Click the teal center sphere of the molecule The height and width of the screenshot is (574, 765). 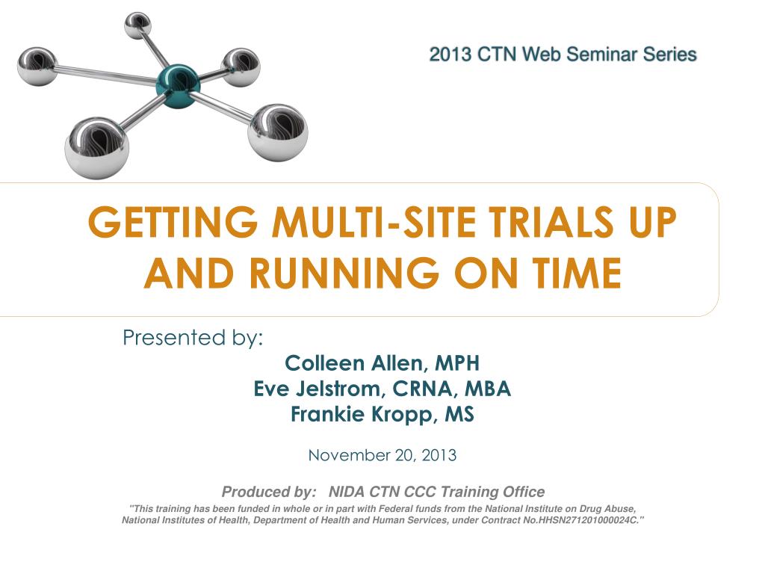[178, 86]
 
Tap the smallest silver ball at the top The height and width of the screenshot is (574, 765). [137, 26]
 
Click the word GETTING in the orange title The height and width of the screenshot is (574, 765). [173, 222]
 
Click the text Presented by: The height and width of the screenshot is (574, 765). [193, 338]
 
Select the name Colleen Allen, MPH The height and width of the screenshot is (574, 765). [382, 363]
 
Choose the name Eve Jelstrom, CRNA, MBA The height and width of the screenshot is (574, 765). [382, 389]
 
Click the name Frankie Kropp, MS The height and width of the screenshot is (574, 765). [382, 414]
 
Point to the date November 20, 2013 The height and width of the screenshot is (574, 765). [382, 455]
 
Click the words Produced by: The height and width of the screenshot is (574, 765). [269, 492]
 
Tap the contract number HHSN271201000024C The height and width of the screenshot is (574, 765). [588, 520]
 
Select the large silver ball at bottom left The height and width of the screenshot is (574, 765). [97, 147]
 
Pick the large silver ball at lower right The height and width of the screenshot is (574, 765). [278, 132]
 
